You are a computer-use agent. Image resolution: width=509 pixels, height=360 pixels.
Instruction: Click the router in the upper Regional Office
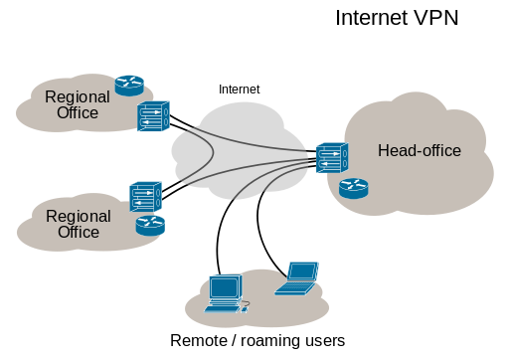(129, 86)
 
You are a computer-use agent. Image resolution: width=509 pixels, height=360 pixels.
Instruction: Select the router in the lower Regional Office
(150, 226)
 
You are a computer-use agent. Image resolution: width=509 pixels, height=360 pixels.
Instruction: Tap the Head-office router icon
(353, 188)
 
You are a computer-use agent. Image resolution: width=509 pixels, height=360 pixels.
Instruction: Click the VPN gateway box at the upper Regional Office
(153, 116)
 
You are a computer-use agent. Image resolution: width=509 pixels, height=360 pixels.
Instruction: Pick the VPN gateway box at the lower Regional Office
(145, 195)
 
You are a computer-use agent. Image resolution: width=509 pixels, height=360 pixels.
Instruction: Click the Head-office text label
(420, 151)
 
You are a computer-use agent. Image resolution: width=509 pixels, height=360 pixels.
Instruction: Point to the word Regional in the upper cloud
(78, 97)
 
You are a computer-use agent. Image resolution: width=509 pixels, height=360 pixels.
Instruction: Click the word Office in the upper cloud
(78, 113)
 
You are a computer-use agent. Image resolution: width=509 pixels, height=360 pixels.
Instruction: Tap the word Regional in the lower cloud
(79, 217)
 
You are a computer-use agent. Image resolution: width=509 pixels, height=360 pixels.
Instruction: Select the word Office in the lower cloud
(79, 233)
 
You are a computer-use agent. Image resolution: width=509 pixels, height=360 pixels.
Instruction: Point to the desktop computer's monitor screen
(225, 287)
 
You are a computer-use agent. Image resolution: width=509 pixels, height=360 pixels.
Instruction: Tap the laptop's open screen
(301, 271)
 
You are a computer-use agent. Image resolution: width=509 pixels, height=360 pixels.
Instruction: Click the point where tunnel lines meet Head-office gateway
(312, 157)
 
